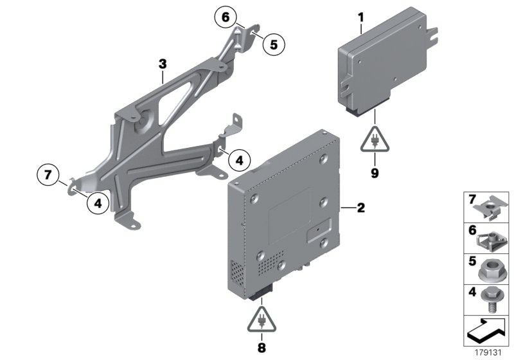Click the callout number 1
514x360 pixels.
click(x=361, y=15)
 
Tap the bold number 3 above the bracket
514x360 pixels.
click(x=163, y=64)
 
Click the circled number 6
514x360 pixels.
click(x=226, y=19)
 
